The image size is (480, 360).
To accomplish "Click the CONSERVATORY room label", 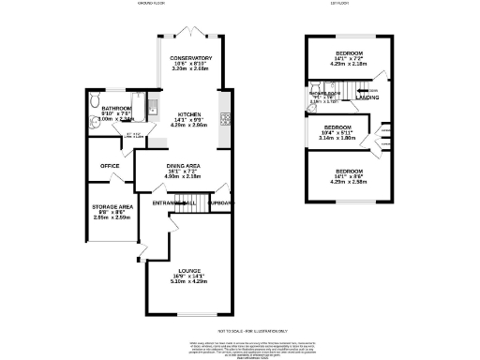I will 191,58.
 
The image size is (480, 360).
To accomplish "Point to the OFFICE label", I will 110,167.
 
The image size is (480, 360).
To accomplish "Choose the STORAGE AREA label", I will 111,205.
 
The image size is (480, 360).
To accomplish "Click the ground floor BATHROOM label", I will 117,109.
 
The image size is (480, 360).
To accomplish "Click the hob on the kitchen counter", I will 224,118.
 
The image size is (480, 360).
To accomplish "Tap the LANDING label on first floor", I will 367,97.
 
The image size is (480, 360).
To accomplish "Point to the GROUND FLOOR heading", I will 152,5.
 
